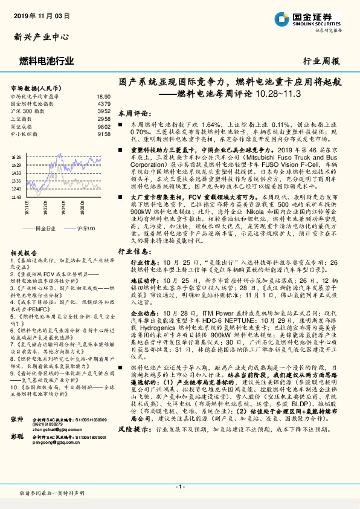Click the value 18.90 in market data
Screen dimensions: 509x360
click(x=104, y=97)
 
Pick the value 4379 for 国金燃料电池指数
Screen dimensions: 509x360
click(x=104, y=104)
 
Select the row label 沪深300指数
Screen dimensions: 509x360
click(x=28, y=111)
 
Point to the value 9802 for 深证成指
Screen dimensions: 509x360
click(x=104, y=126)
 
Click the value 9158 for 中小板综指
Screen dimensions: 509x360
click(x=104, y=134)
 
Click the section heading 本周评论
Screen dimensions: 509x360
click(x=132, y=113)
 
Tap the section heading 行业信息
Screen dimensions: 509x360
click(x=132, y=250)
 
